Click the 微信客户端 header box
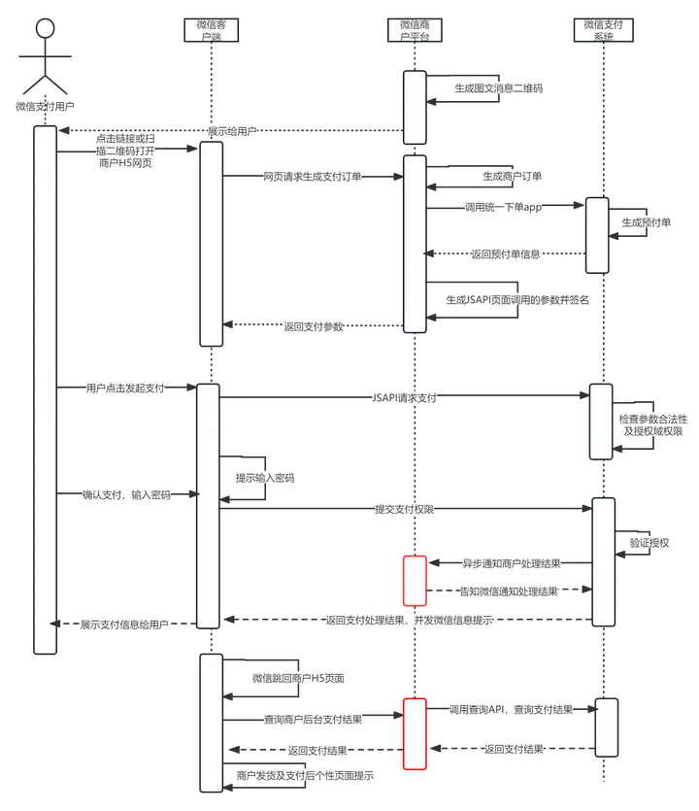click(211, 30)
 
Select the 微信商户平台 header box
click(415, 30)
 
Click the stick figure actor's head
click(43, 29)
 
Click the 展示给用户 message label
click(232, 130)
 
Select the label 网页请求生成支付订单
click(312, 177)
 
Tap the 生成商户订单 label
click(513, 176)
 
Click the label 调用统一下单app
click(504, 208)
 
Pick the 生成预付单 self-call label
click(646, 222)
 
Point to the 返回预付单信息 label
click(506, 254)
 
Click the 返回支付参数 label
click(314, 326)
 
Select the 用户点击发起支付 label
click(125, 388)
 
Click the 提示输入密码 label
click(265, 478)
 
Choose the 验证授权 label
click(649, 542)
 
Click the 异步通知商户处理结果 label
click(509, 563)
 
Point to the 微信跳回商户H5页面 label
click(299, 678)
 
